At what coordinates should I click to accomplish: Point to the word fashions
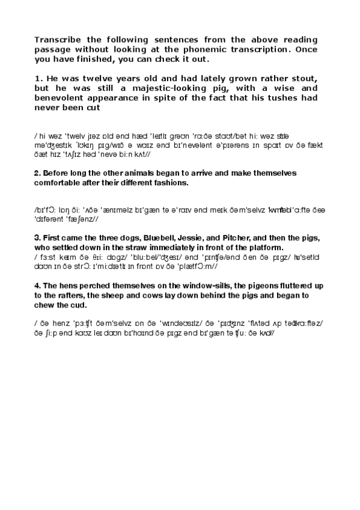pos(171,182)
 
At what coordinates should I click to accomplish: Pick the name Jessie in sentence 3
pos(197,238)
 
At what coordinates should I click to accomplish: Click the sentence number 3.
pos(37,238)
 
